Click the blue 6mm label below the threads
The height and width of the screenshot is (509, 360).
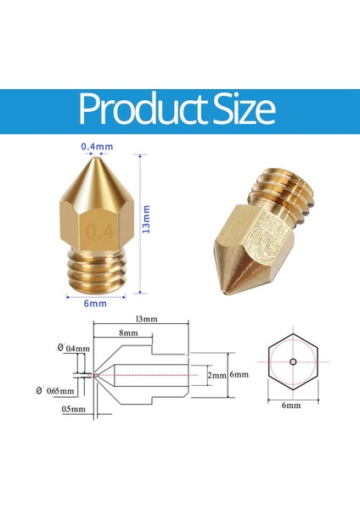coord(95,303)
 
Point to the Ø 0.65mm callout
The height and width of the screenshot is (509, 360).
coord(56,392)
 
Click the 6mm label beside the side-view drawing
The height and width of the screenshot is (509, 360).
coord(240,374)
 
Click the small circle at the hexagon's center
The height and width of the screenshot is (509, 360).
coord(291,363)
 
